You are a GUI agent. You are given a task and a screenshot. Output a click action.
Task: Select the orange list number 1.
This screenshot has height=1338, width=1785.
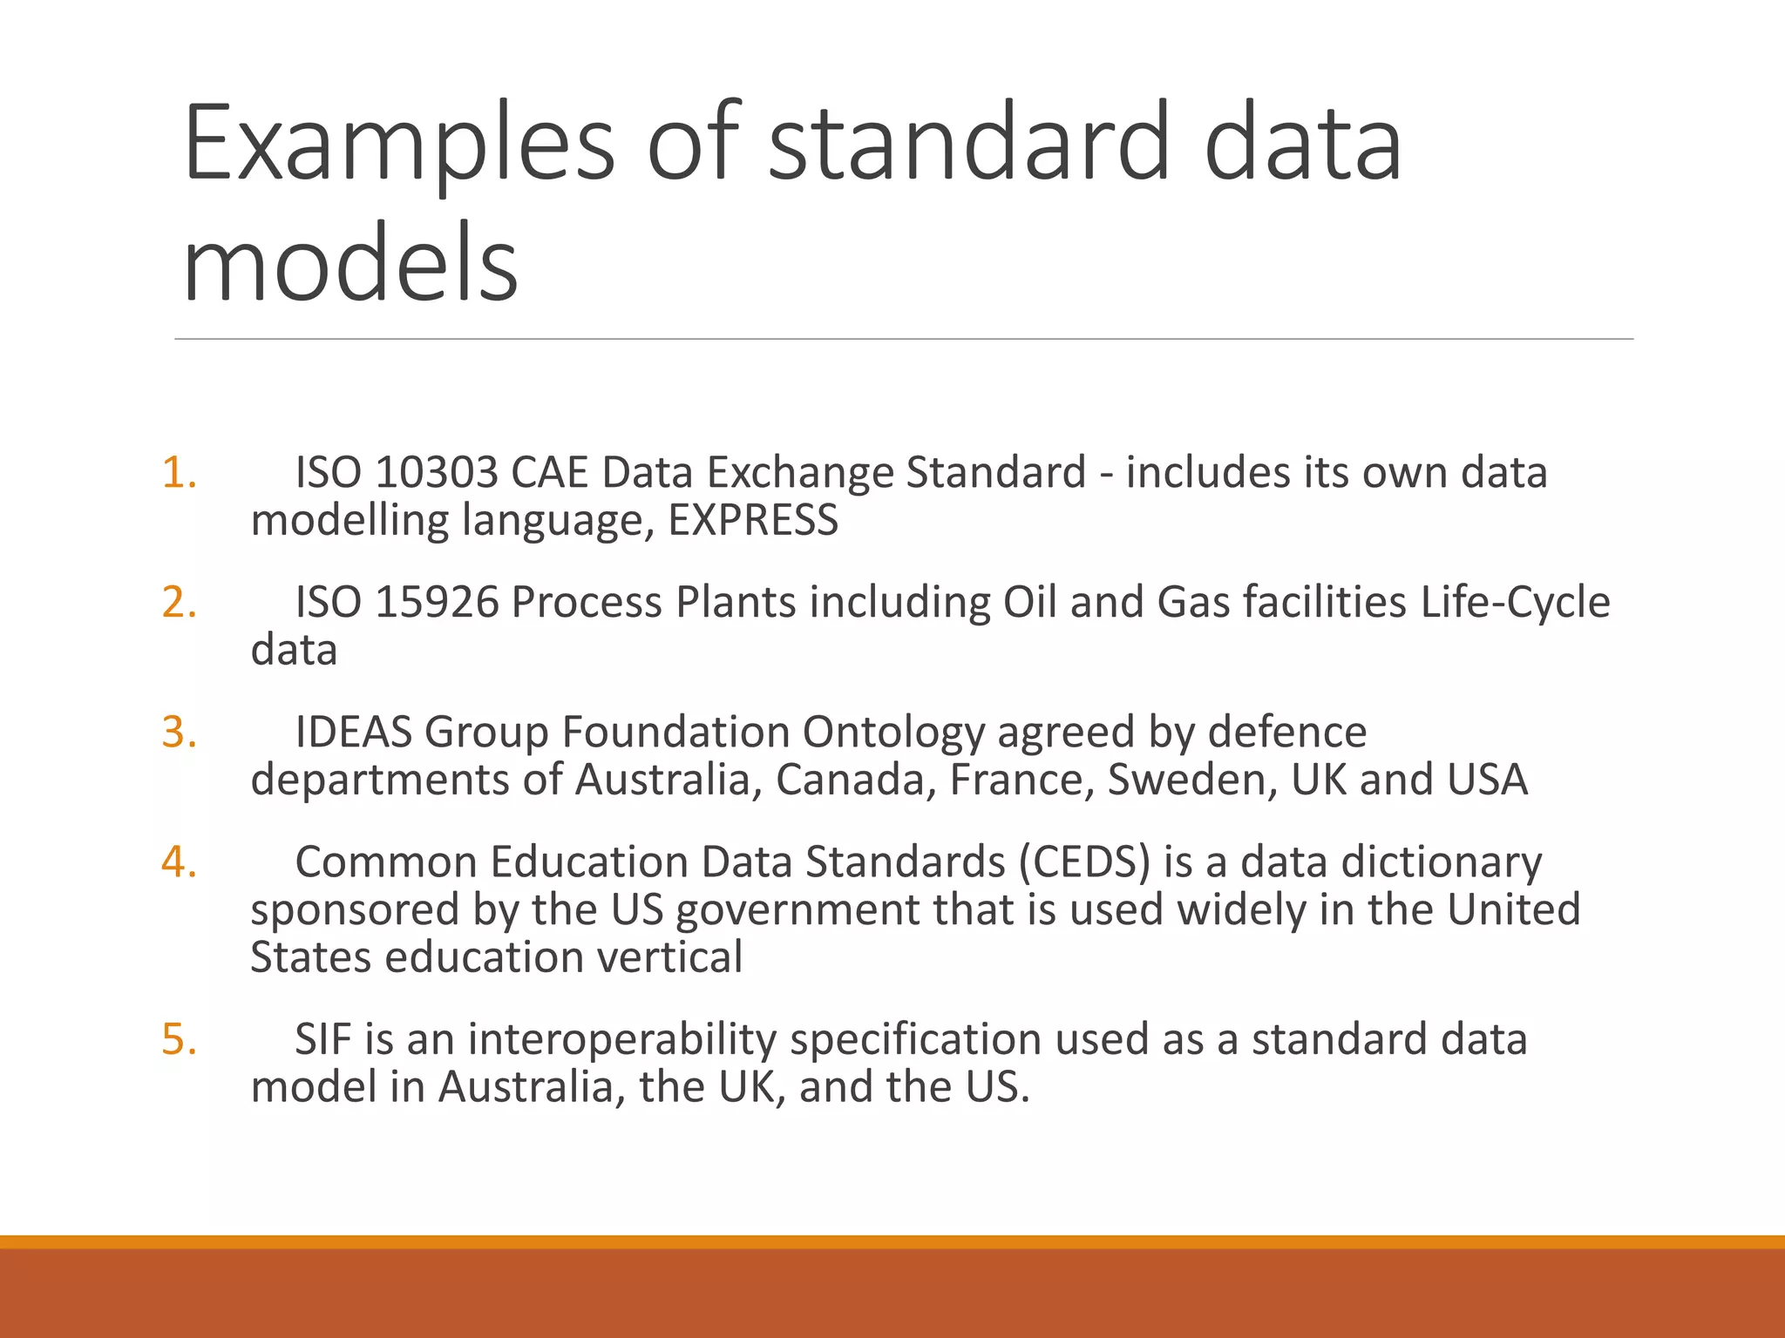(x=180, y=473)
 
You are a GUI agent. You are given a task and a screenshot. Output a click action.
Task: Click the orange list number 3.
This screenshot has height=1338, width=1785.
(x=180, y=733)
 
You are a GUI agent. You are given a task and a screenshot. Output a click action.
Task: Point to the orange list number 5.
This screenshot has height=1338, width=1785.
(x=180, y=1040)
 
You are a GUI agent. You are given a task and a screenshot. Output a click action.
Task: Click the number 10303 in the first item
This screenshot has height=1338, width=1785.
(x=436, y=473)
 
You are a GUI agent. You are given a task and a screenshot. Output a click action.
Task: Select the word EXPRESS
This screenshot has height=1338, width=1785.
(x=753, y=521)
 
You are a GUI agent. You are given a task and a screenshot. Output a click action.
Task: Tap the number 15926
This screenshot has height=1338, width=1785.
(x=436, y=603)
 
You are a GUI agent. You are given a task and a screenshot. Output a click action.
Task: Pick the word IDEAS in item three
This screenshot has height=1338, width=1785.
(x=353, y=733)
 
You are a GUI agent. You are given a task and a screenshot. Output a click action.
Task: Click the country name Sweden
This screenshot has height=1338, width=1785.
(x=1191, y=780)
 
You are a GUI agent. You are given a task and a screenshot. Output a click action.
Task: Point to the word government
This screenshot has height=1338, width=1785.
(x=797, y=910)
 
